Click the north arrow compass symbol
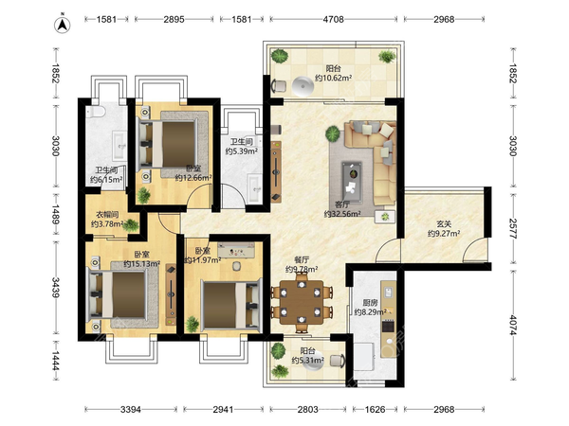tap(62, 25)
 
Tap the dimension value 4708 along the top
tap(334, 19)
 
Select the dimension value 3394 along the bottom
tap(131, 409)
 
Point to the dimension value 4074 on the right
tap(512, 325)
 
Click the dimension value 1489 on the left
tap(55, 215)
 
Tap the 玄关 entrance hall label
tap(444, 224)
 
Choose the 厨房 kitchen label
tap(370, 303)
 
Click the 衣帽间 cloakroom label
tap(107, 215)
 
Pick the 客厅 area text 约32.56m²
tap(342, 214)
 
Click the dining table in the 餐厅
tap(302, 303)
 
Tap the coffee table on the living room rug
tap(352, 181)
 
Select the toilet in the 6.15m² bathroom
tap(96, 112)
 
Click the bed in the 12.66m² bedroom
tap(174, 144)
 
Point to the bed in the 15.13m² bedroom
tap(119, 294)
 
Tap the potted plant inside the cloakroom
tap(131, 225)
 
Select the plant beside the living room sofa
tap(333, 133)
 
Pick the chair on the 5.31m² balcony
tap(338, 362)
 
